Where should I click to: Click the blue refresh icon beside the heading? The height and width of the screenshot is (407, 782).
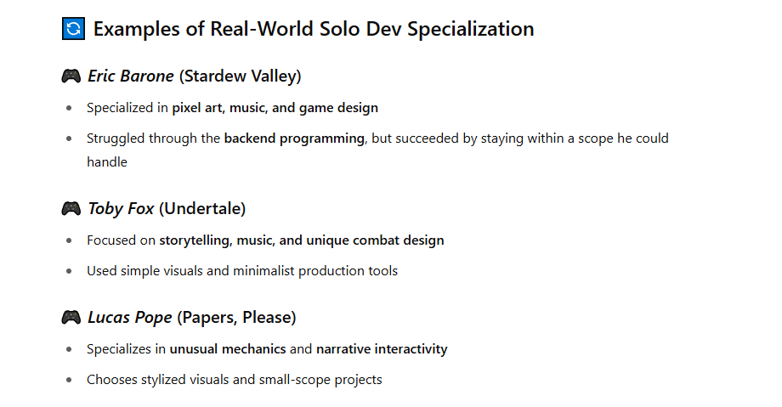73,28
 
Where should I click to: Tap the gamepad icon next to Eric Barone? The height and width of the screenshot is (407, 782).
71,76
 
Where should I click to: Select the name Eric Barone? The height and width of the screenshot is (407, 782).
131,76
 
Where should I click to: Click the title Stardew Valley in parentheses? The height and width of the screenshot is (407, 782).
240,76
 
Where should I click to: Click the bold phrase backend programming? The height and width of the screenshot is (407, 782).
294,138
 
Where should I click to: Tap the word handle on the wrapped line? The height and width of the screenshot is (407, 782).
107,162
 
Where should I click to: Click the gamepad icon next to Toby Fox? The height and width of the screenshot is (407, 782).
71,208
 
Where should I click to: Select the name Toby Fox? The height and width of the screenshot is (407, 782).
121,208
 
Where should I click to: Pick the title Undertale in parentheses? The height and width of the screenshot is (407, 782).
202,208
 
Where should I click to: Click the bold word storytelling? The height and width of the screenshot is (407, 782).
195,240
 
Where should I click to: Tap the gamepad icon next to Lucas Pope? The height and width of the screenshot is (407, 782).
71,317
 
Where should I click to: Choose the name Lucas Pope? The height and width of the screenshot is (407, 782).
130,317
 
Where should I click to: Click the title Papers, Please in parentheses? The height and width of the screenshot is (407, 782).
236,317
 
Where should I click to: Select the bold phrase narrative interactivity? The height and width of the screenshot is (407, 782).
382,349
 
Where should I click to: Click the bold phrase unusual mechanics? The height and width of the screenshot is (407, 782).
228,349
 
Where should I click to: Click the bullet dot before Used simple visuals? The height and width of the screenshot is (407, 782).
69,271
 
